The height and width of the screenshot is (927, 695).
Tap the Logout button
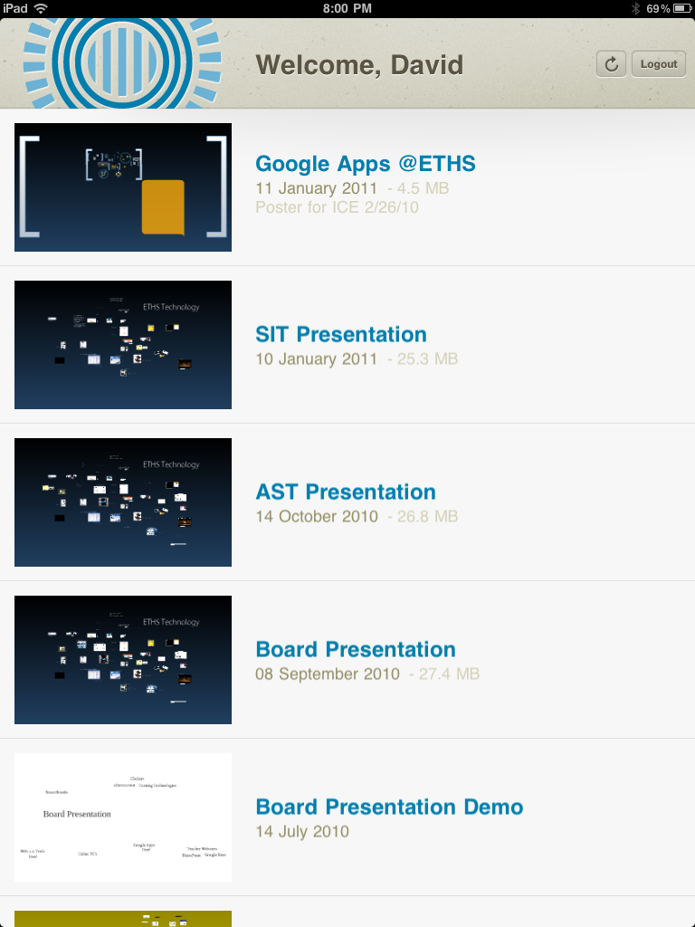[658, 64]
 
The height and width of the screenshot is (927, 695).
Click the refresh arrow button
[611, 64]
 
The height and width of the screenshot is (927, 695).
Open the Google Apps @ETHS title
[365, 164]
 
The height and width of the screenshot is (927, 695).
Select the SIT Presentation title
[341, 334]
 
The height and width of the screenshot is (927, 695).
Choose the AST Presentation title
[346, 492]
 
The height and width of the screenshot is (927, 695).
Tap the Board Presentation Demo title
[389, 807]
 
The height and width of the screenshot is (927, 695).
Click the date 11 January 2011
[316, 188]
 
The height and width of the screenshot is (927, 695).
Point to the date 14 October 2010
[316, 516]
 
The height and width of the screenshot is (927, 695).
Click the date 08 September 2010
[327, 674]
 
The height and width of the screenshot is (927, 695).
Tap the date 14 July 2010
[301, 831]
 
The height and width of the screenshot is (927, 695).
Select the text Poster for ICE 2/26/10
[337, 207]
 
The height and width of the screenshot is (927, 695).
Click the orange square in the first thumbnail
[163, 207]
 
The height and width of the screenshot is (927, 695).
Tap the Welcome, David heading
[359, 65]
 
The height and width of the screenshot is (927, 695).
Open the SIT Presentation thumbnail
[123, 345]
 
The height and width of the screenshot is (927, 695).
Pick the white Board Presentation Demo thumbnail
[123, 817]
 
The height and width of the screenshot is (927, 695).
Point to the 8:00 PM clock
[347, 8]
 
